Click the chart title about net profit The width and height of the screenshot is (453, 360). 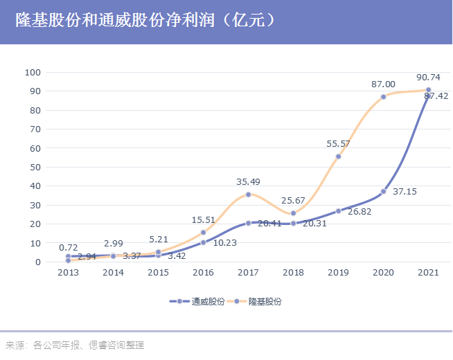pos(145,20)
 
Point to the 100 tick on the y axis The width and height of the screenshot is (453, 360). pos(33,72)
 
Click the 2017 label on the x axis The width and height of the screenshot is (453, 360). pos(248,273)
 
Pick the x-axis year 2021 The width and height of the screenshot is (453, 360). pos(428,273)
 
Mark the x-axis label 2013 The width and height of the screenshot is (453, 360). pos(68,273)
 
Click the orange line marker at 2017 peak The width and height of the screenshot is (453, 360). pos(248,195)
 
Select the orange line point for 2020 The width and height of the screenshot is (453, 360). pos(383,97)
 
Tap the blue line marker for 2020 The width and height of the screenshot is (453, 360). pos(383,191)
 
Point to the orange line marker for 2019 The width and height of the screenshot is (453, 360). pos(338,156)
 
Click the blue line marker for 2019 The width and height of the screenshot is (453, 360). pos(338,210)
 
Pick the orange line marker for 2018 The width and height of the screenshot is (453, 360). pos(293,213)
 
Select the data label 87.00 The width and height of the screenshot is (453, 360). pos(383,84)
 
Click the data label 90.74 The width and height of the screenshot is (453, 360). pos(428,78)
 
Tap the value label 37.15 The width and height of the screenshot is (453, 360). pos(405,192)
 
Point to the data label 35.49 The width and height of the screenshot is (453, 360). pos(248,181)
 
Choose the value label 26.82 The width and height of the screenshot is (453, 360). pos(359,212)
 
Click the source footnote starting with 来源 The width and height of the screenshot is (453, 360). pos(75,345)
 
